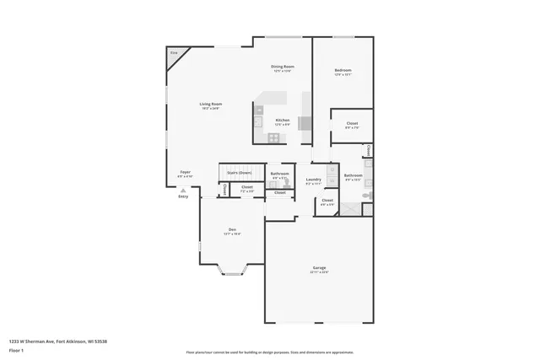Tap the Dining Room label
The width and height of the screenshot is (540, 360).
point(283,67)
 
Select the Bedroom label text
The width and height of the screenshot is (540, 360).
point(343,70)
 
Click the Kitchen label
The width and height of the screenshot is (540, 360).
point(283,120)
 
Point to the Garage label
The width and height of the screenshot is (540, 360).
point(319,268)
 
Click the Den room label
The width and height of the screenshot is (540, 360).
point(232,229)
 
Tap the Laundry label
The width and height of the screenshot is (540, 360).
point(314,179)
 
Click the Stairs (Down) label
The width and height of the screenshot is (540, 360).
point(239,172)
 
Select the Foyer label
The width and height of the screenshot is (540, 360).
point(186,172)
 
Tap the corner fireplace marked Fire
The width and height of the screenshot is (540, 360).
point(175,55)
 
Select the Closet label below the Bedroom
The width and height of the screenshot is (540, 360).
point(352,124)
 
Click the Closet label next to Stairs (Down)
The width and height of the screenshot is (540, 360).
point(246,187)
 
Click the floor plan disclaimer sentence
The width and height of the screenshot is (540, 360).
point(270,353)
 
